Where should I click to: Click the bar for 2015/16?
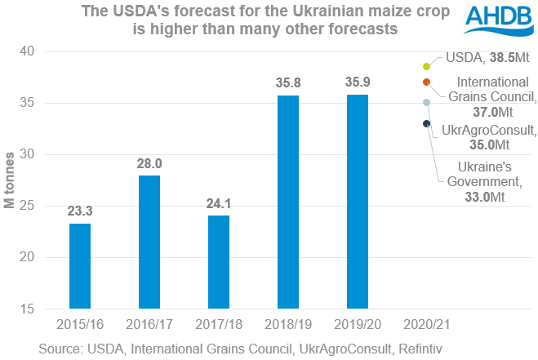79,266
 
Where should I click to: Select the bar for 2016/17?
149,242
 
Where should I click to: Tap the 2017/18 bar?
218,262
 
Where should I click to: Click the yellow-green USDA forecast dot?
426,66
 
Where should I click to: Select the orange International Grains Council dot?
426,82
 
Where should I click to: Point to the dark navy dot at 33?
426,123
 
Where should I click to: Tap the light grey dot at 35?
426,103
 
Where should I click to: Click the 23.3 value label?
79,211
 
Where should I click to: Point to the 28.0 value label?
149,162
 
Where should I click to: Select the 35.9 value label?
357,82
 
